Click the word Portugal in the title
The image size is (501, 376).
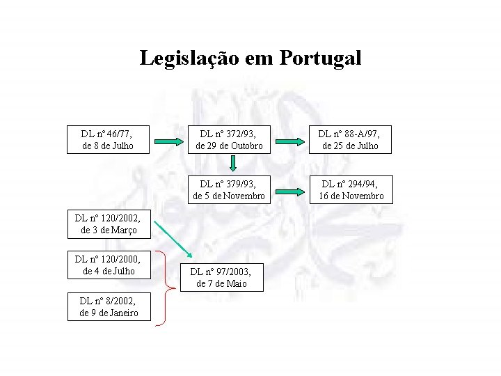[x=321, y=58]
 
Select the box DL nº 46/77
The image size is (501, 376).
[x=107, y=139]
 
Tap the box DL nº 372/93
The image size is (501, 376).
[x=229, y=139]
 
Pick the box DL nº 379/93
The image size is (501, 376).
[x=229, y=189]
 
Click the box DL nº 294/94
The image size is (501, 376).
[x=351, y=189]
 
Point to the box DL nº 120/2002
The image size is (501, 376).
[x=107, y=223]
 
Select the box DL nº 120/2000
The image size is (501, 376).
[x=107, y=265]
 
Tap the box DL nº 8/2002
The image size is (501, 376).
[x=107, y=306]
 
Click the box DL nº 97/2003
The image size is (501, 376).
[x=222, y=277]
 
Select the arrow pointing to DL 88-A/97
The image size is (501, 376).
[x=289, y=141]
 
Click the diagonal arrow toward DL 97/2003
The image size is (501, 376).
[x=174, y=238]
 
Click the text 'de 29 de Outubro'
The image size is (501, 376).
[x=229, y=146]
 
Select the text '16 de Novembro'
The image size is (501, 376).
[x=351, y=196]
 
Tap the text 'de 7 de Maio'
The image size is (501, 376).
[x=222, y=283]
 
